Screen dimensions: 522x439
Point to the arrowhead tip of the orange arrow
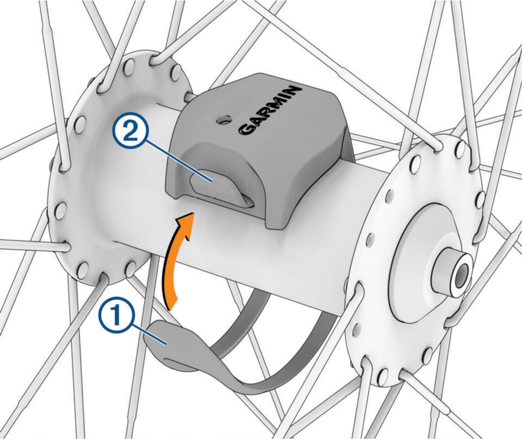click(x=193, y=213)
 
